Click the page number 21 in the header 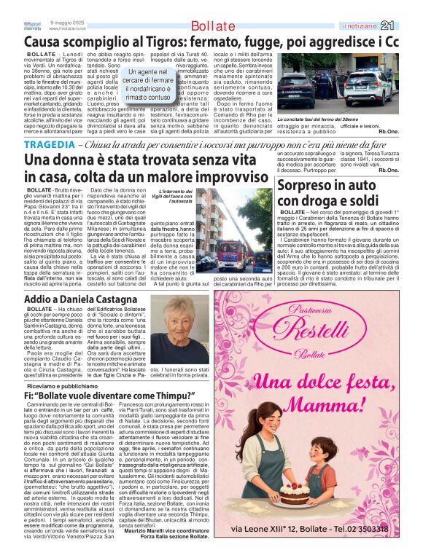407,27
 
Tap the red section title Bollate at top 214,27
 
